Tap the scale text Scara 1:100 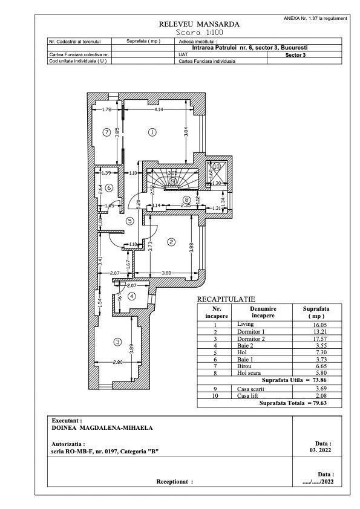pos(198,32)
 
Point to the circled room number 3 pos(117,342)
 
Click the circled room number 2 pos(171,242)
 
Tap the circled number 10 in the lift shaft pos(217,166)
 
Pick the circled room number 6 pos(109,188)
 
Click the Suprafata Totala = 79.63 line pos(292,401)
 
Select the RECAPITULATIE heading pos(226,299)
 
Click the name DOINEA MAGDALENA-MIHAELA pos(102,427)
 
